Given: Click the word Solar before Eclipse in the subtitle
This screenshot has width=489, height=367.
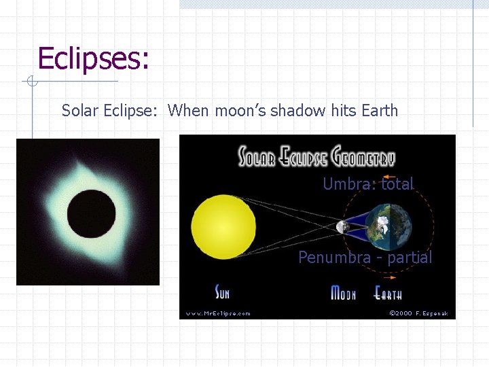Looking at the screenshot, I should (80, 110).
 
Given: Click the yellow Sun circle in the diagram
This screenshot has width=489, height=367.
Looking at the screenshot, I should (223, 226).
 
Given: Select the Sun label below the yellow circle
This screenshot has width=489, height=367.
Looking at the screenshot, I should (222, 293).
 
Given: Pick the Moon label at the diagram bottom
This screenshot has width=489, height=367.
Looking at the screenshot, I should (343, 293).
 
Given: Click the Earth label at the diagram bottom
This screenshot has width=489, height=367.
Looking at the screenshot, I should (388, 293).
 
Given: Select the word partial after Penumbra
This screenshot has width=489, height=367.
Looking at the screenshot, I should (410, 258).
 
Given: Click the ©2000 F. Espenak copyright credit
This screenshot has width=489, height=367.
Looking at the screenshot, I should (418, 313).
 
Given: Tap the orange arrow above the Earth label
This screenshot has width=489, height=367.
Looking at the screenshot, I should (388, 278).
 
